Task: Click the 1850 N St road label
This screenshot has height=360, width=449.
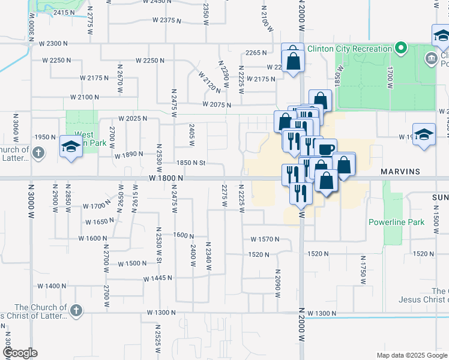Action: tap(191, 163)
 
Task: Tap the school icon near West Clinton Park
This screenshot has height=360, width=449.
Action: tap(71, 147)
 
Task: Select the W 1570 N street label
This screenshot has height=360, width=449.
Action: tap(261, 239)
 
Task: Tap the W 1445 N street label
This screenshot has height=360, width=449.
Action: tap(158, 278)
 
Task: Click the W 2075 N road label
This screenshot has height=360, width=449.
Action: tap(217, 104)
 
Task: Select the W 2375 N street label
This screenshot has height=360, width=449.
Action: tap(167, 20)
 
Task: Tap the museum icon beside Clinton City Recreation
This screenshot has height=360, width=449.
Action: tap(430, 59)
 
